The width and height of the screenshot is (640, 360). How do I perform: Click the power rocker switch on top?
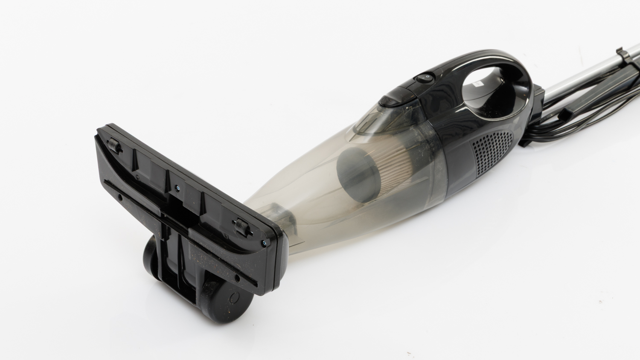tap(425, 78)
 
